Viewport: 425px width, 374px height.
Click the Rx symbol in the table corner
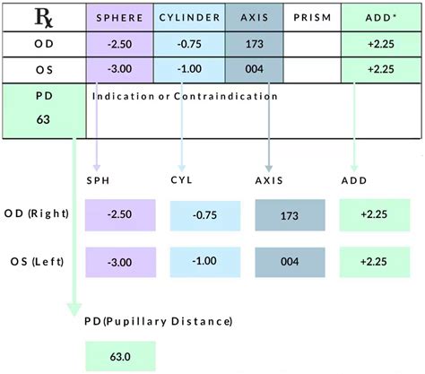[42, 16]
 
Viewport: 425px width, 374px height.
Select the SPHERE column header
[119, 17]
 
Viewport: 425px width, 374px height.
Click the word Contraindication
[235, 95]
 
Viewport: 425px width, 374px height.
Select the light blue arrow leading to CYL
[182, 135]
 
